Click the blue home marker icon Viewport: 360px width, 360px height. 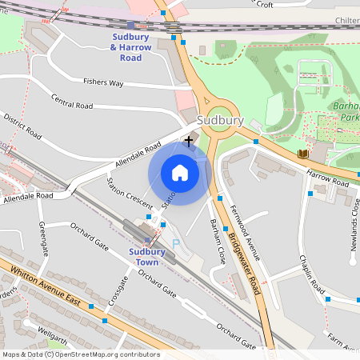[x=180, y=172]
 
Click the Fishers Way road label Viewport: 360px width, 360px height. [x=104, y=82]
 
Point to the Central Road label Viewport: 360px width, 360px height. [x=72, y=101]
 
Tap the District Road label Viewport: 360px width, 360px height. [x=22, y=126]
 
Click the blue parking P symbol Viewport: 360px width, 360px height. [x=176, y=244]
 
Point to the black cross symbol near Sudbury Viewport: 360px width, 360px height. [x=189, y=141]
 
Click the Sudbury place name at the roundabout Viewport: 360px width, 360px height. [x=219, y=120]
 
